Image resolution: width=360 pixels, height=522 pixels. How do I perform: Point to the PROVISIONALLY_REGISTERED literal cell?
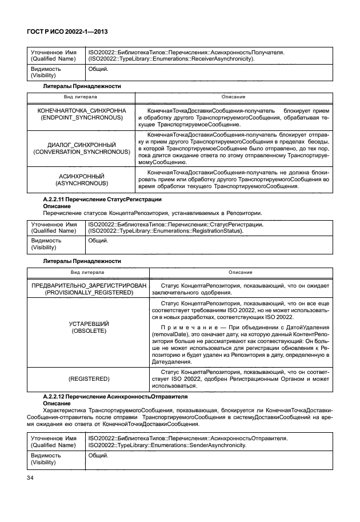[89, 288]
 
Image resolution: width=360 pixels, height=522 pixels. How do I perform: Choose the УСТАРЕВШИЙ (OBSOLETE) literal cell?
[89, 328]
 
